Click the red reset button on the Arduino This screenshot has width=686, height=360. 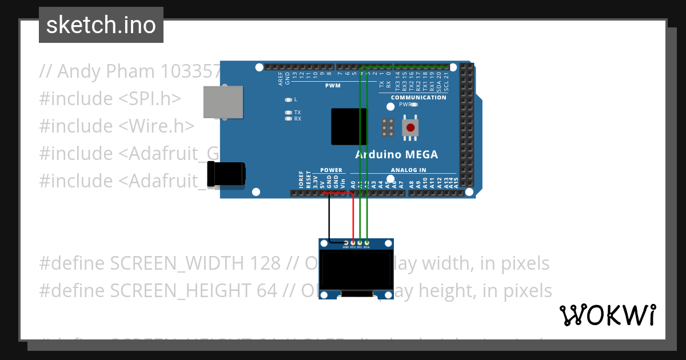coord(410,127)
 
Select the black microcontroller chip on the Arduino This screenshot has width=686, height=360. coord(349,126)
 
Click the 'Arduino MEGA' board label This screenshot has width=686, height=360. coord(396,154)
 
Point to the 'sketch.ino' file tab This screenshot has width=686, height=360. coord(101,25)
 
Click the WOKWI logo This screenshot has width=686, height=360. coord(607,315)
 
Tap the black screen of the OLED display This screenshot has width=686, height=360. coord(356,271)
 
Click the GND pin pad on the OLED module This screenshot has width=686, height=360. coord(345,243)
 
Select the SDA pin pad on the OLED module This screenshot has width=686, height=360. coord(366,243)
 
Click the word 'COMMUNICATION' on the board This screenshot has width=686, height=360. coord(418,98)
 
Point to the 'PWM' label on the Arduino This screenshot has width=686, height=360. coord(333,86)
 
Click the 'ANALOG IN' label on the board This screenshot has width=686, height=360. coord(408,170)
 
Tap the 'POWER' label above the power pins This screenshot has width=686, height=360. coord(331,170)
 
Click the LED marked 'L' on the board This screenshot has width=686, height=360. coord(289,99)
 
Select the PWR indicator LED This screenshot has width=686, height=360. coord(414,105)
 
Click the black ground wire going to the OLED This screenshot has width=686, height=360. coord(329,220)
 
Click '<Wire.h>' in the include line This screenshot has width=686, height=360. coord(156,126)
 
